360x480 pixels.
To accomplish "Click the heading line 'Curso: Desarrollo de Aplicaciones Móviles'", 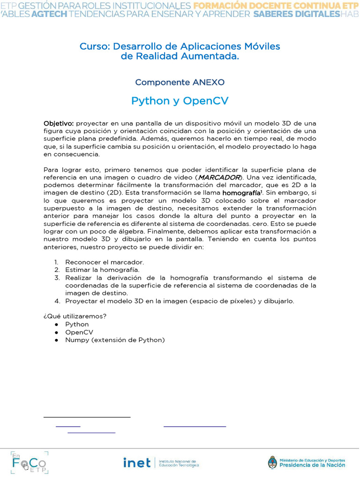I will click(180, 46).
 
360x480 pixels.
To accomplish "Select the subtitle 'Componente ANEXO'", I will click(180, 82).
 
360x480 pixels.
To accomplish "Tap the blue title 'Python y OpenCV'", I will click(180, 101).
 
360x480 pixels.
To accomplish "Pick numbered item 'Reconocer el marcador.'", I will click(105, 262).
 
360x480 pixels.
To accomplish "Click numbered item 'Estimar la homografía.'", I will click(102, 270).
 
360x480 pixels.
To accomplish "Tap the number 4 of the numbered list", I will click(56, 301).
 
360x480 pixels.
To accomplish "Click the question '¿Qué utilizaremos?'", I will click(75, 316).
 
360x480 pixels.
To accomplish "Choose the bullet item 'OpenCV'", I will click(79, 332).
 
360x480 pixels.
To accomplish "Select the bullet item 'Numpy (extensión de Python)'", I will click(115, 340).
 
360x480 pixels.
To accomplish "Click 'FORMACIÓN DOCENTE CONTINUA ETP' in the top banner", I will click(276, 6).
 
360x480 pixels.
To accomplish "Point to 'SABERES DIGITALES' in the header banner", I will click(296, 15).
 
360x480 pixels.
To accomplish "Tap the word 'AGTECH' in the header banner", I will click(49, 15).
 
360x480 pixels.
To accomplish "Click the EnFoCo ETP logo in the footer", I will click(29, 462).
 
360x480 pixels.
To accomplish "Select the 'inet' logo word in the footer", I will click(136, 463).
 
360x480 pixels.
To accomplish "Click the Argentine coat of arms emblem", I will click(272, 463).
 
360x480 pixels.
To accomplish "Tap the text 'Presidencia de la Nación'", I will click(312, 465).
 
